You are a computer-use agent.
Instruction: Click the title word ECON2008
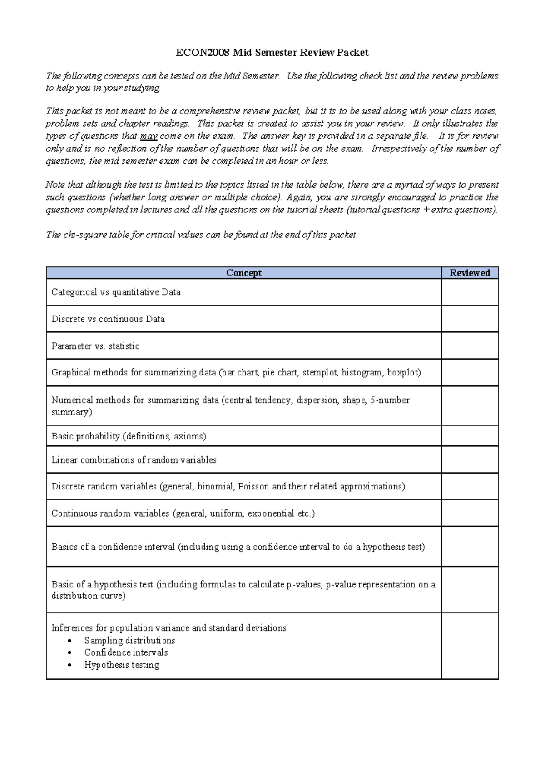tap(203, 53)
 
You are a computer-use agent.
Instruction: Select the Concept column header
tap(244, 273)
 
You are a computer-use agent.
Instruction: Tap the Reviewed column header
tap(470, 273)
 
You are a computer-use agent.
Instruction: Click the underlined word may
tap(149, 136)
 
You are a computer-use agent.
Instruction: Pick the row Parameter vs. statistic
tap(95, 346)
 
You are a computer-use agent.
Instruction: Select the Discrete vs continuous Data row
tap(108, 319)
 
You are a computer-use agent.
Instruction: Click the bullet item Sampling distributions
tap(129, 641)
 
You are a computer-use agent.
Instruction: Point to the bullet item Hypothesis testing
tap(122, 665)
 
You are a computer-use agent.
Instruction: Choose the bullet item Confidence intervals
tap(126, 652)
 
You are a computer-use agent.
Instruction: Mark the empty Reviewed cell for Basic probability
tap(470, 436)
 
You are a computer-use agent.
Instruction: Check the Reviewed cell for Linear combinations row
tap(470, 460)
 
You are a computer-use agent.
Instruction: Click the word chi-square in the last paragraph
tap(84, 235)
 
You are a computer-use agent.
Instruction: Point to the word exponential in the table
tap(271, 513)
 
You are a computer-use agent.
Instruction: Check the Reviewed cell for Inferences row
tap(470, 646)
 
